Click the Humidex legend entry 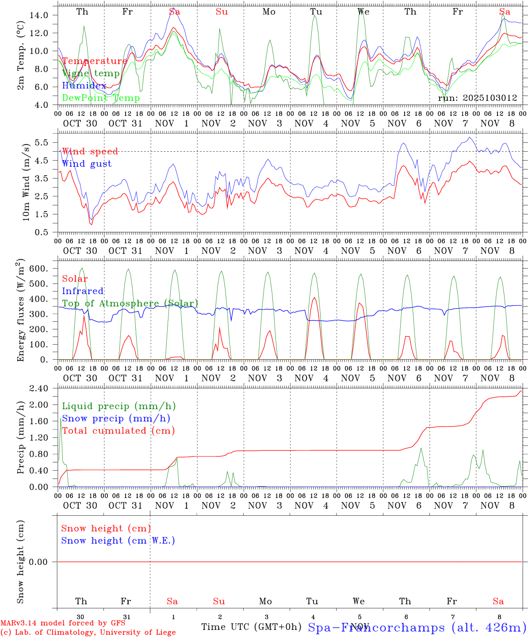point(84,86)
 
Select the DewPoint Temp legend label point(101,98)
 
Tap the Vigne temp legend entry point(91,73)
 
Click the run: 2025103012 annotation point(477,98)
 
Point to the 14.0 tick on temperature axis point(39,15)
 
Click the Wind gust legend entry point(87,164)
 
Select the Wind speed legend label point(90,151)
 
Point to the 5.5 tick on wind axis point(42,142)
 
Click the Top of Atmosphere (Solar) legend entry point(130,303)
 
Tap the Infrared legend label point(83,291)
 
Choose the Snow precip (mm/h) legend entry point(116,418)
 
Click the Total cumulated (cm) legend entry point(118,430)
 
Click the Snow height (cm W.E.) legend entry point(118,541)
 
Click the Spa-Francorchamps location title point(417,627)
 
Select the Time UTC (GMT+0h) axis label point(251,627)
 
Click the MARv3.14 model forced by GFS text point(63,623)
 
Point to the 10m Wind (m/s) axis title point(27,181)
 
